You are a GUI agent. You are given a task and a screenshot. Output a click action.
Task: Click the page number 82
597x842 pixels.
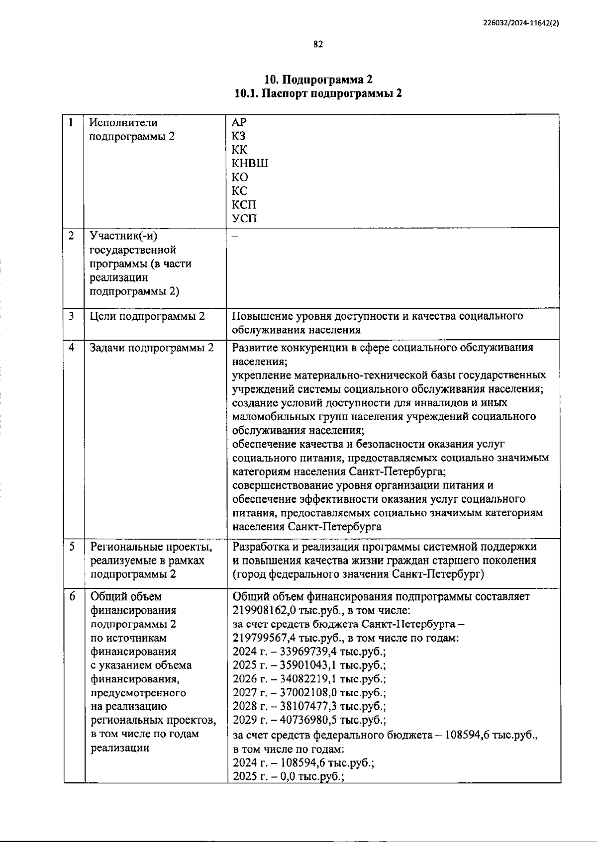click(x=318, y=44)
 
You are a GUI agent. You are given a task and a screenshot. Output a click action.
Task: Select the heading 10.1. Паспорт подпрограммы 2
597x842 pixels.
click(x=318, y=94)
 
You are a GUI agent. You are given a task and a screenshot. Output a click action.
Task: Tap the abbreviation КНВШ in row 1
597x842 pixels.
click(x=250, y=163)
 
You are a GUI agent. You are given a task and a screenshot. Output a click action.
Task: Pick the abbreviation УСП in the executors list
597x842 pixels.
click(x=244, y=218)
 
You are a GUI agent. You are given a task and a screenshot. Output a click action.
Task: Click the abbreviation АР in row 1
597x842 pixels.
click(x=239, y=122)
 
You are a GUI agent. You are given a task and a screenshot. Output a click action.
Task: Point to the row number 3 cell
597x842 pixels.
click(x=73, y=316)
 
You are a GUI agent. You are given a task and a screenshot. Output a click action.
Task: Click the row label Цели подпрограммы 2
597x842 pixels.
click(x=147, y=316)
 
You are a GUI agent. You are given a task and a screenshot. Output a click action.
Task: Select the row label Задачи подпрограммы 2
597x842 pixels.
click(x=152, y=348)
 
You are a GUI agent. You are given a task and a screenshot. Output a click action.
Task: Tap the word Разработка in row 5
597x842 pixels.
click(x=259, y=547)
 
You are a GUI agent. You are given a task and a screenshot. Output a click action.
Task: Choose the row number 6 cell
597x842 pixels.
click(x=73, y=596)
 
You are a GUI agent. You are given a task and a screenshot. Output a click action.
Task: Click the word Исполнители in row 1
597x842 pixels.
click(x=123, y=122)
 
